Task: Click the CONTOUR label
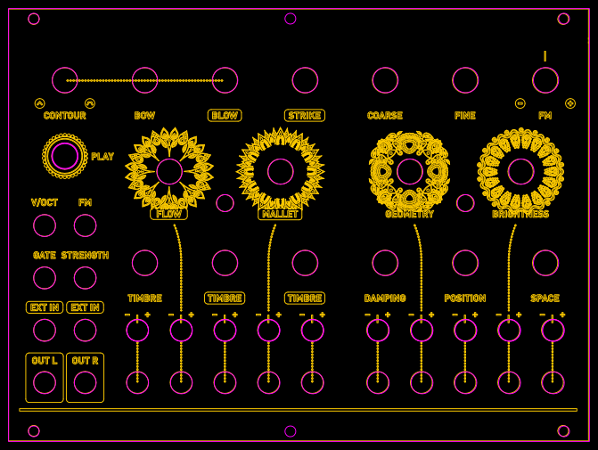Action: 64,116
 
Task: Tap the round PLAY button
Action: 65,156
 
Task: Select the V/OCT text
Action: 45,203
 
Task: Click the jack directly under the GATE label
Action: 45,278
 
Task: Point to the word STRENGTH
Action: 85,256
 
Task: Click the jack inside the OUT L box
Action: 45,382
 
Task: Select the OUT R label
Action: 85,361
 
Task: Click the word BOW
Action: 144,116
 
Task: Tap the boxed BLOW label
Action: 225,116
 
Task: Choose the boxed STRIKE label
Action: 305,116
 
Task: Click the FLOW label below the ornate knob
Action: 168,214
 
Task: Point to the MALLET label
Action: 280,214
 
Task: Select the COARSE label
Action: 385,116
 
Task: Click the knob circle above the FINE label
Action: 465,80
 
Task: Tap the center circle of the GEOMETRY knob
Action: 410,171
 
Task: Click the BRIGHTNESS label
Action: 520,215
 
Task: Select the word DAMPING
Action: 385,299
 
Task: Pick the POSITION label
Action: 465,299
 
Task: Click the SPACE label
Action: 545,299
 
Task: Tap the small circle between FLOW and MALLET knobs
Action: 225,203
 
